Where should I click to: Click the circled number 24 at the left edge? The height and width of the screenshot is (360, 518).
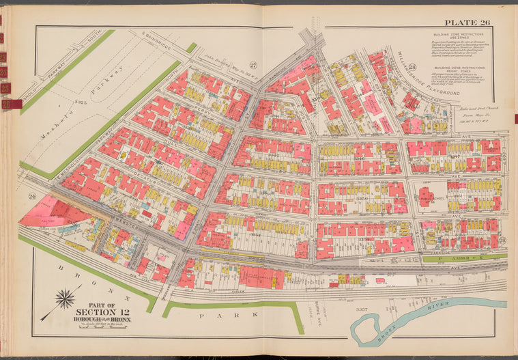pyautogui.click(x=31, y=197)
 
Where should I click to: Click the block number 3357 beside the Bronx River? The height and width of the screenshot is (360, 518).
pyautogui.click(x=361, y=309)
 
